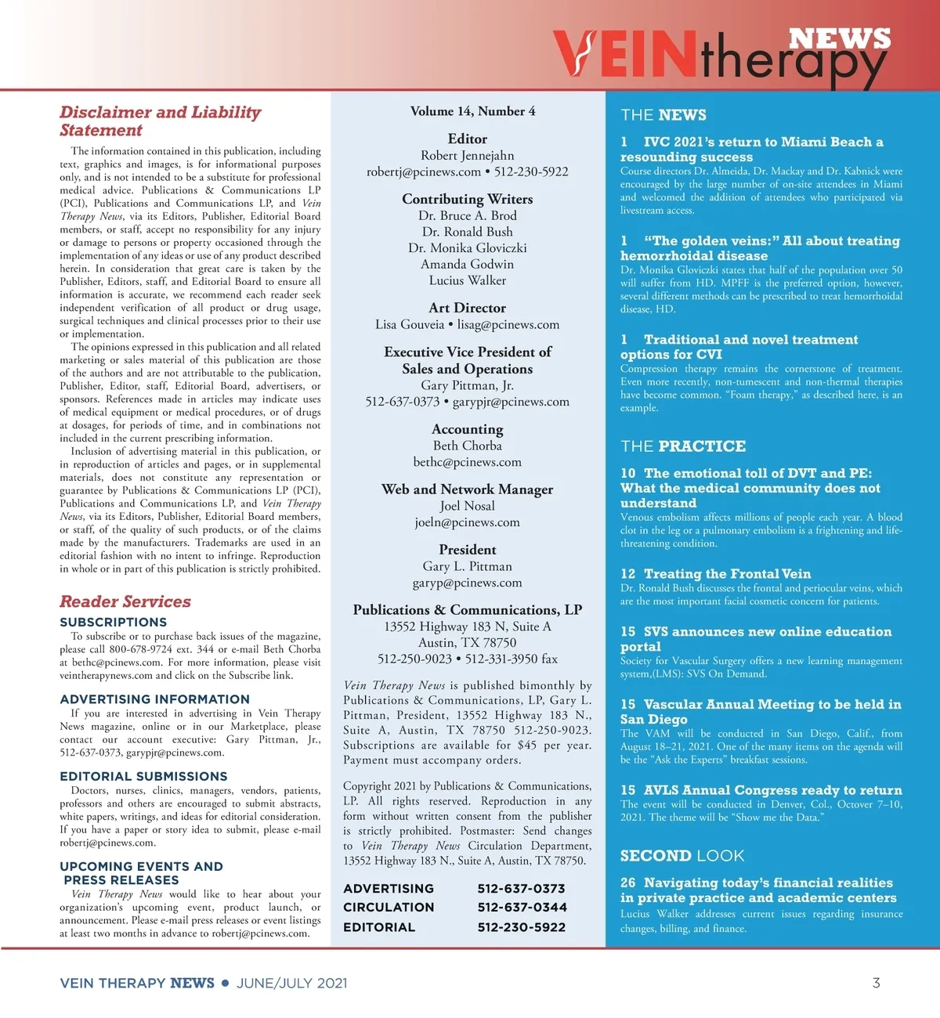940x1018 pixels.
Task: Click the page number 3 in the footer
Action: (876, 983)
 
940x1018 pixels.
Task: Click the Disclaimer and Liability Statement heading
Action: (160, 121)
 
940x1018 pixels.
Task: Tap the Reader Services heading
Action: (125, 601)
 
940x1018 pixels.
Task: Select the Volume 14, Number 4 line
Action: (472, 111)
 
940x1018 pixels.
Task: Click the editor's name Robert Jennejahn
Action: (468, 155)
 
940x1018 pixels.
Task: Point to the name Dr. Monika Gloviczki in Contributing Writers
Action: (468, 247)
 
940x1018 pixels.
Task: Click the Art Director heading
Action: (468, 308)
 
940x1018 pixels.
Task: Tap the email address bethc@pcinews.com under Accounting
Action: (468, 462)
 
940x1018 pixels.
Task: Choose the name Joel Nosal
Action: (468, 506)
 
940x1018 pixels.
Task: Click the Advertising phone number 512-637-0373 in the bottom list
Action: (521, 889)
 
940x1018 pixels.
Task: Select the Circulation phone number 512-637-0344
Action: (521, 908)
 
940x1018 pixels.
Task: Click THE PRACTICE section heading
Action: (683, 446)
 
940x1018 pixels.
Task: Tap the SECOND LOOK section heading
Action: (682, 856)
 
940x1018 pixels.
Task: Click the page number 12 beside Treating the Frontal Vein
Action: (628, 574)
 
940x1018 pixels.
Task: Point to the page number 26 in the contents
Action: (628, 883)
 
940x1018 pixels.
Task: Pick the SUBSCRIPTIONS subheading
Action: (114, 622)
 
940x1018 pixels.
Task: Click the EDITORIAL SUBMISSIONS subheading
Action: (143, 776)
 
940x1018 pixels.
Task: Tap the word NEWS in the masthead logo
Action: (840, 38)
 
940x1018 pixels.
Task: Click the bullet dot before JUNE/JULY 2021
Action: (226, 983)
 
